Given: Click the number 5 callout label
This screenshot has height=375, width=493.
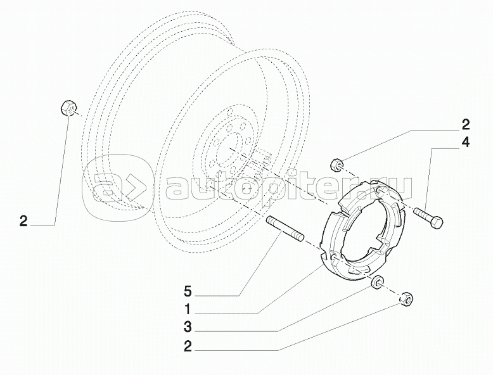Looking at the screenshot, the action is (x=188, y=292).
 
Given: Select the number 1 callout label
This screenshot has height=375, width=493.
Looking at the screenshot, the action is (x=188, y=310).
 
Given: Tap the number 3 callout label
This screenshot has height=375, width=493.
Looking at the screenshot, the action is (x=188, y=328).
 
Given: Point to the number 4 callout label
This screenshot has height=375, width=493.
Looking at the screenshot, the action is (x=465, y=143).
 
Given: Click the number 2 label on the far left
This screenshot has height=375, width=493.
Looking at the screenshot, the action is (x=23, y=221).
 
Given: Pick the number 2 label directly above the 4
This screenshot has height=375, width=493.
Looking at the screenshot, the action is (x=465, y=124).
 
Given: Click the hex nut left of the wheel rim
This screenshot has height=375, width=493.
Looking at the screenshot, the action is (x=68, y=108).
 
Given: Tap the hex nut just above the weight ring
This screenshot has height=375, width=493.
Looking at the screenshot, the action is (x=338, y=165).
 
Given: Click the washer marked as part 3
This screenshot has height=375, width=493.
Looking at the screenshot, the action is (x=377, y=283).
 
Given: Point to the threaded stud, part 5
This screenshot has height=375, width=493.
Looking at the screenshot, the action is (x=286, y=229).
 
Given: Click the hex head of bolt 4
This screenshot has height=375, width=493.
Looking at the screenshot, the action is (x=437, y=223).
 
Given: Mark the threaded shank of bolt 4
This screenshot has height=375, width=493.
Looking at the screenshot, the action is (x=423, y=216).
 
